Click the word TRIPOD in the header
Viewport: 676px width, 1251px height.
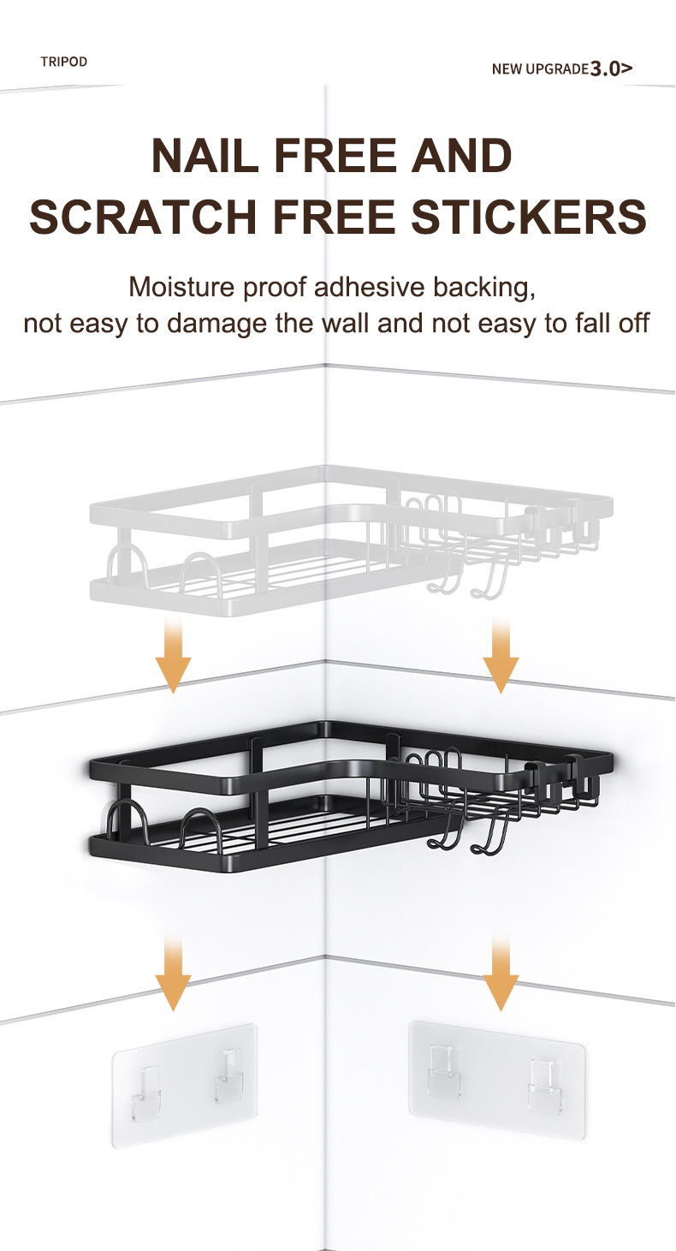pyautogui.click(x=63, y=62)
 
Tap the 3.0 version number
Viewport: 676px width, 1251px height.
pyautogui.click(x=605, y=69)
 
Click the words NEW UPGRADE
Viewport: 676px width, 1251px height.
pyautogui.click(x=540, y=69)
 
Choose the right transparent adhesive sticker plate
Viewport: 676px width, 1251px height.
pyautogui.click(x=496, y=1079)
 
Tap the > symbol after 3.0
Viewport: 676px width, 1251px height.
pyautogui.click(x=626, y=69)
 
